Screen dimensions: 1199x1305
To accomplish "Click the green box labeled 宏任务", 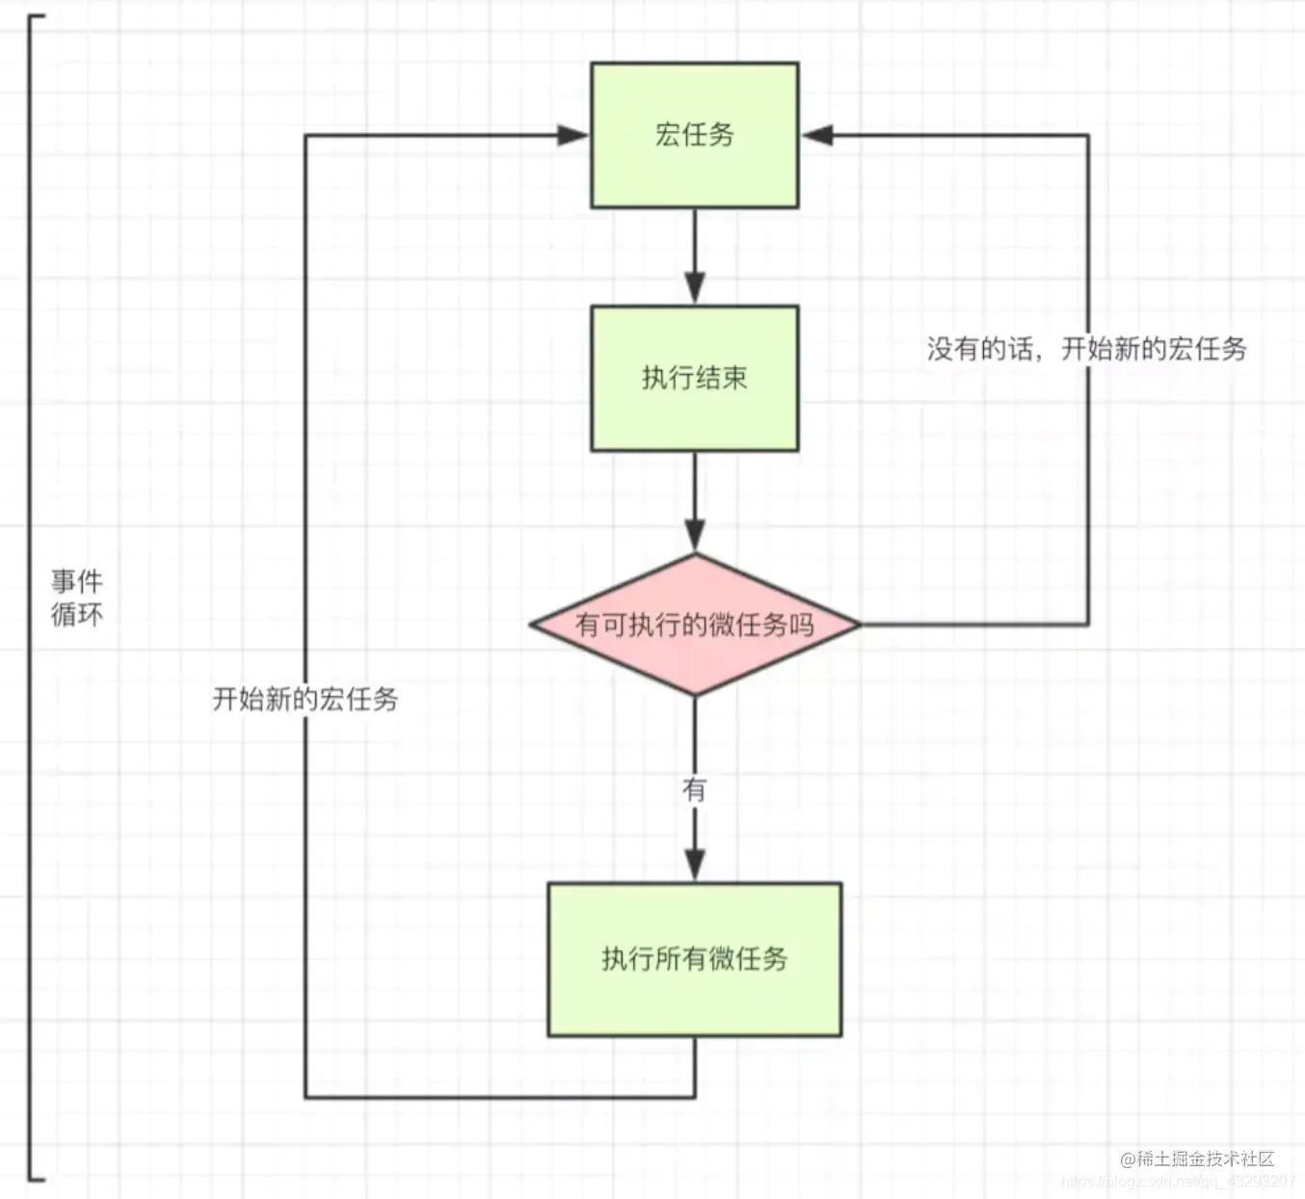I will [694, 135].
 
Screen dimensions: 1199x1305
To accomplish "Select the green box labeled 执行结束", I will [694, 378].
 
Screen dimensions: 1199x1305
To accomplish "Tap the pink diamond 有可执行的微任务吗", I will [694, 625].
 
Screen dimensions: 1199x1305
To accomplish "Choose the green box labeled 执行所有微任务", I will [694, 959].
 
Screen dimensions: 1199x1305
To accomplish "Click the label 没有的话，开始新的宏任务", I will [1086, 349].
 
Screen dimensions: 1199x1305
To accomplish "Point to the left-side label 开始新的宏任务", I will [305, 699].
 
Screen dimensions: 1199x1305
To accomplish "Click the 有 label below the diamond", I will [694, 790].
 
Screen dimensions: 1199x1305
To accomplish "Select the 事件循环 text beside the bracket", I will [76, 598].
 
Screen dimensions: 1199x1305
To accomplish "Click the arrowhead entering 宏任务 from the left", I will [573, 135].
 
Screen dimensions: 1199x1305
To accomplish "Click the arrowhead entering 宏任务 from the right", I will [817, 135].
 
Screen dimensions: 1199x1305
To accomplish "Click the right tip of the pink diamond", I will [859, 625].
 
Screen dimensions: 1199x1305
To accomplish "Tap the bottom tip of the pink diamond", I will [694, 694].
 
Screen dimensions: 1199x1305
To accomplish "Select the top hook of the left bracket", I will [37, 16].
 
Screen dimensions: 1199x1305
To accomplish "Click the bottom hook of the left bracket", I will [37, 1177].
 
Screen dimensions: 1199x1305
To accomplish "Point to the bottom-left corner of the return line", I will [306, 1097].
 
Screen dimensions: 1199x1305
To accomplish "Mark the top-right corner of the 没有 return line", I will [1088, 136].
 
